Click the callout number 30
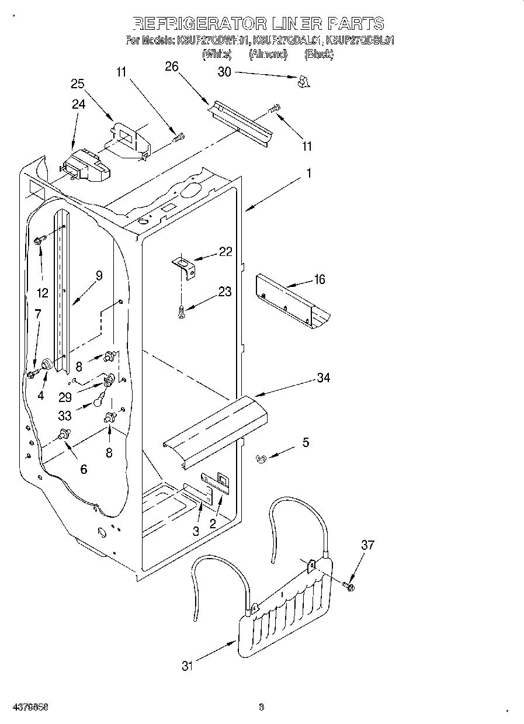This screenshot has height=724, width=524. (x=224, y=72)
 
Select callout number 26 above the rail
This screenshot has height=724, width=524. (x=171, y=67)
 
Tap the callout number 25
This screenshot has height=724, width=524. (x=78, y=84)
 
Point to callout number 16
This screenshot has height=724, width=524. (x=319, y=279)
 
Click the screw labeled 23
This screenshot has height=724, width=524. (x=182, y=311)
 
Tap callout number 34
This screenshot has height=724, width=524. (x=323, y=377)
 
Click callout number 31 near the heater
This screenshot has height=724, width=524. (x=186, y=665)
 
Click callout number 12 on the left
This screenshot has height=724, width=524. (x=43, y=292)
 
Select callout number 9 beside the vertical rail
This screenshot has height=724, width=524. (x=99, y=275)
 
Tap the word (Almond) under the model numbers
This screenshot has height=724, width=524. (x=268, y=54)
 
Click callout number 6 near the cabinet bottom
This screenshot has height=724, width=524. (x=84, y=469)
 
